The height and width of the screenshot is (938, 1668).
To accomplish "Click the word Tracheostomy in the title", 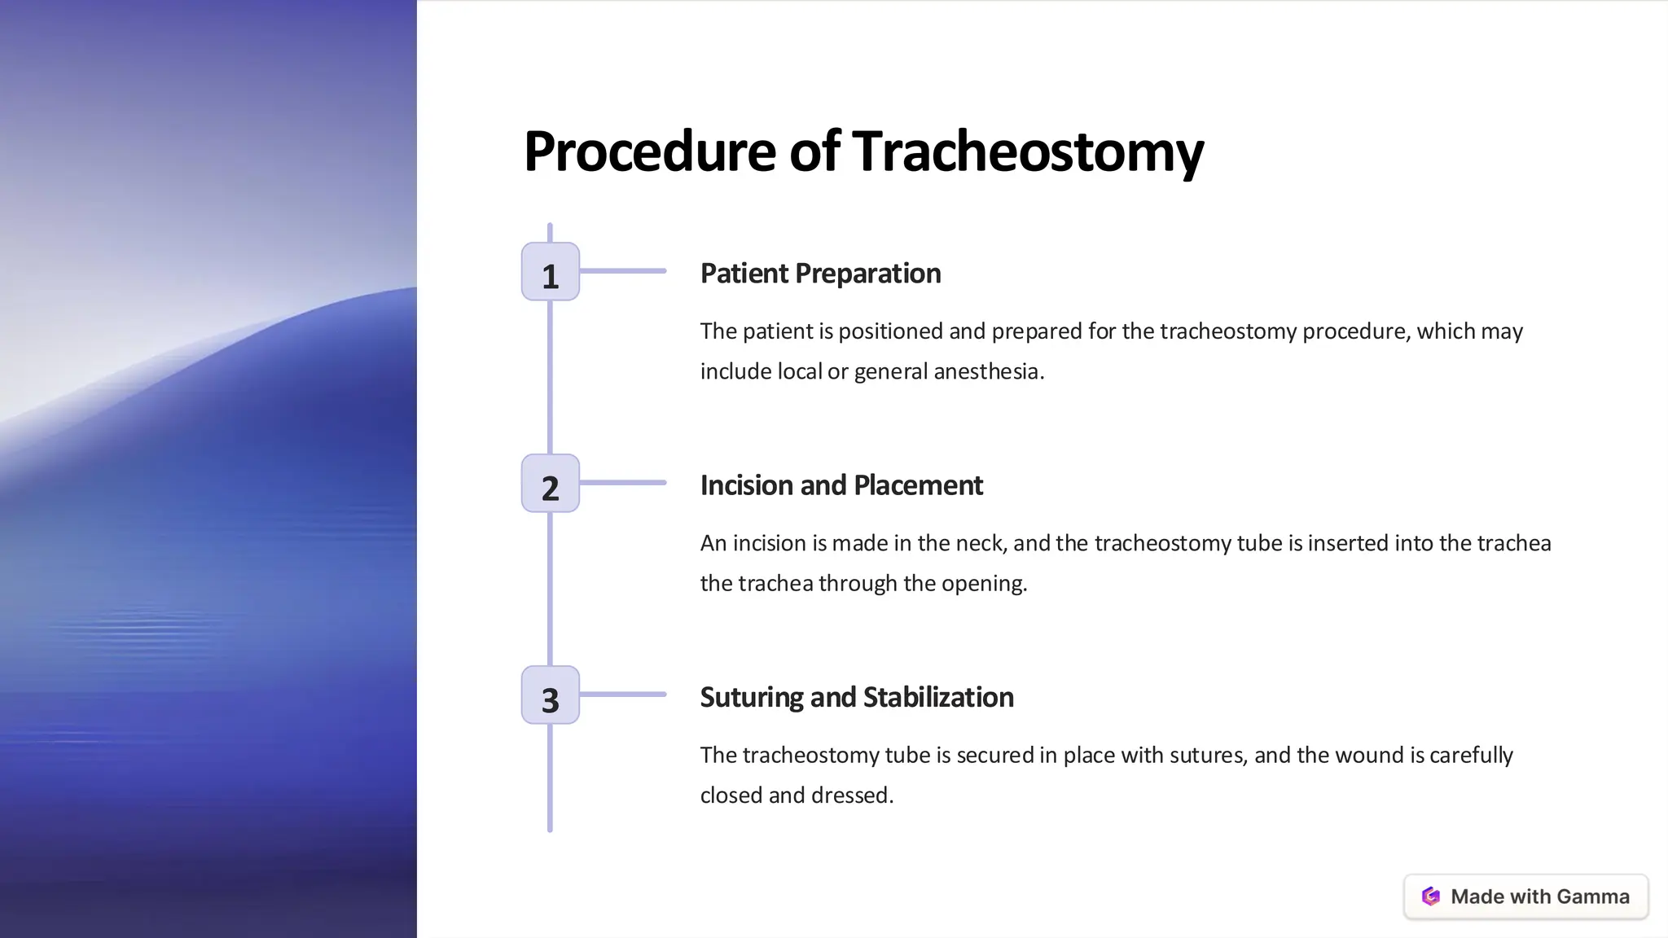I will [x=1028, y=151].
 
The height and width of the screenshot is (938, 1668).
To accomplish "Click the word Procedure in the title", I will [x=649, y=151].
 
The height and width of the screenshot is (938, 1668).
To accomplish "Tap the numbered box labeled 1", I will [x=551, y=272].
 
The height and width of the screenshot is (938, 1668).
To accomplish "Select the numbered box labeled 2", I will [x=551, y=484].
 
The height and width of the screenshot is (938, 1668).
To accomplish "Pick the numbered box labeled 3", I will [x=551, y=695].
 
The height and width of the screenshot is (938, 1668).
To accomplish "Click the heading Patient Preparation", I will [x=820, y=274].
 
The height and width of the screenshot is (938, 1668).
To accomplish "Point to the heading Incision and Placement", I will [x=841, y=485].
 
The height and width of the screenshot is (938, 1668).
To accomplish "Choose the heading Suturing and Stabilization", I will [x=857, y=697].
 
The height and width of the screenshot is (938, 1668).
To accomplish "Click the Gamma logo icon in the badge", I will [x=1431, y=896].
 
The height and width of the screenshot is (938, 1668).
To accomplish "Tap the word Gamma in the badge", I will [x=1598, y=896].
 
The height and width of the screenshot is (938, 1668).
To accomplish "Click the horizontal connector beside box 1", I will [x=623, y=271].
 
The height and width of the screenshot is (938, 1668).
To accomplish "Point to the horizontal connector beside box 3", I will [x=623, y=695].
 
